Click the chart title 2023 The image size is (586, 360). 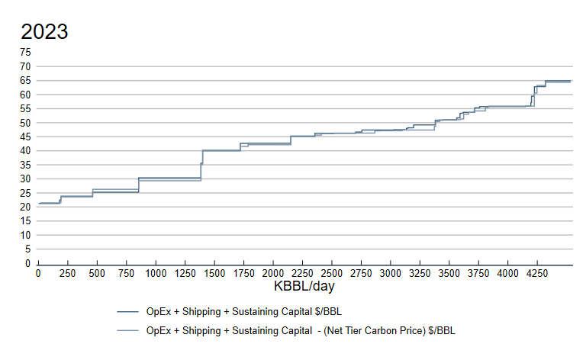(44, 32)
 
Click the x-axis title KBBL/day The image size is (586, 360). (304, 288)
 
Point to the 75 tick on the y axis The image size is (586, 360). (26, 52)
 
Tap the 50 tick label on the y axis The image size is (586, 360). (26, 123)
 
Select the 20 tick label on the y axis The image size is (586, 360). (26, 207)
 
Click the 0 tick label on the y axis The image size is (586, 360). (29, 263)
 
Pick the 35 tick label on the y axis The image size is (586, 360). (26, 165)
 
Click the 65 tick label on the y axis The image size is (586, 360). (26, 80)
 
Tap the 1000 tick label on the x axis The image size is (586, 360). (156, 273)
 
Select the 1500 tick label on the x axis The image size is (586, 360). (214, 273)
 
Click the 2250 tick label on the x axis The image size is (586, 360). (302, 273)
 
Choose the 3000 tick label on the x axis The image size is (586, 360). (390, 273)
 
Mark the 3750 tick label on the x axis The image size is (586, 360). (478, 273)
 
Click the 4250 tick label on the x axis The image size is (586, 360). (536, 273)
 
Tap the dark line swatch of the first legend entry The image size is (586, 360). (127, 312)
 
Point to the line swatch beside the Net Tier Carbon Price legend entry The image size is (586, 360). (127, 331)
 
